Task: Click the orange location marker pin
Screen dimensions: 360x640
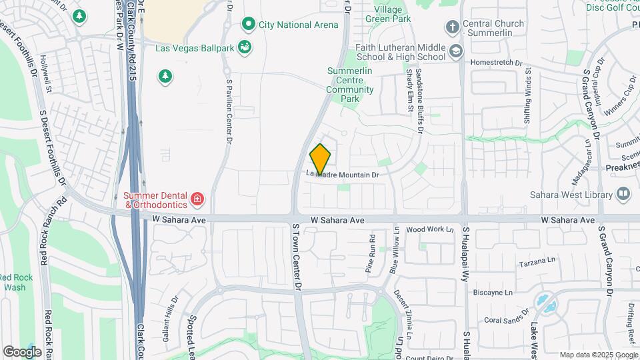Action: (320, 158)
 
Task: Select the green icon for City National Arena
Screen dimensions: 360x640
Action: (249, 25)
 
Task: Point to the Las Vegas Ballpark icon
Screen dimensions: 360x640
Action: (244, 47)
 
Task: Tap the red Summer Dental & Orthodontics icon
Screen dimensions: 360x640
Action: (197, 199)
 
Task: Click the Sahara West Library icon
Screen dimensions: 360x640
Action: (623, 194)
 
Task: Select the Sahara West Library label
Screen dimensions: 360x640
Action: (571, 195)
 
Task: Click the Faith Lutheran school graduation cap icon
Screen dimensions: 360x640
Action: (455, 51)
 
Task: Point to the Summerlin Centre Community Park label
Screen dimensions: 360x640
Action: (349, 85)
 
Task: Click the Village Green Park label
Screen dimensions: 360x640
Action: (389, 15)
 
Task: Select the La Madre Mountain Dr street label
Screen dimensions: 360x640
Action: (343, 175)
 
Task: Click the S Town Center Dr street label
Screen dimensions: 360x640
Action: (297, 256)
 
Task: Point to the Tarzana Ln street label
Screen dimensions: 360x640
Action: (537, 260)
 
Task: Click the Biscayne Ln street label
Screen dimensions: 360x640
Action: (493, 292)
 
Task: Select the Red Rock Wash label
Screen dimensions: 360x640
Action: (15, 282)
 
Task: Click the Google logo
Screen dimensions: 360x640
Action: (22, 351)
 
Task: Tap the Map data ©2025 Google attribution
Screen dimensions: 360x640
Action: (598, 355)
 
